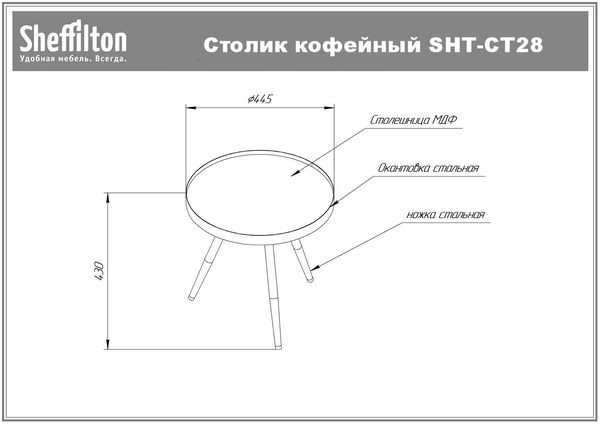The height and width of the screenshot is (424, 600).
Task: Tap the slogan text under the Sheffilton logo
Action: coord(73,59)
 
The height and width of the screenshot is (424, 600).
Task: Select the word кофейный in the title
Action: coord(358,45)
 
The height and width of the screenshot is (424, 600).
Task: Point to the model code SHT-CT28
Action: coord(486,45)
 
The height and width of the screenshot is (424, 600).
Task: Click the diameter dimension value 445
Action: coord(260,99)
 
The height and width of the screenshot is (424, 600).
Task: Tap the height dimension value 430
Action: coord(99,271)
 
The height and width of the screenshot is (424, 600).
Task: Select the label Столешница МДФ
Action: coord(413,120)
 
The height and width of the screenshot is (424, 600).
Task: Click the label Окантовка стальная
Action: coord(428,168)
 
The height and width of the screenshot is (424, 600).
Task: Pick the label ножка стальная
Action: coord(446,215)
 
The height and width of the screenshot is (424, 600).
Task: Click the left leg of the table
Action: coord(205,269)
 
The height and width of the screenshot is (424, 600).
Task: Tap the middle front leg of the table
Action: coord(273,297)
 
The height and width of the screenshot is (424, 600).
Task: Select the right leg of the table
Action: coord(302,261)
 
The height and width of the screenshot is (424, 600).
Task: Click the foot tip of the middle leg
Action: coord(279,347)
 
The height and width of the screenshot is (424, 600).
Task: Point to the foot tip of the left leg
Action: coord(191,298)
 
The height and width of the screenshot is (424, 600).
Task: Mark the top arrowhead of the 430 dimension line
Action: coord(108,198)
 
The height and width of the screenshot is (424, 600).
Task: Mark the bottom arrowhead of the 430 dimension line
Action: coord(108,344)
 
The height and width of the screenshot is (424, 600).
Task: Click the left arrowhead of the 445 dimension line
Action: coord(191,108)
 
